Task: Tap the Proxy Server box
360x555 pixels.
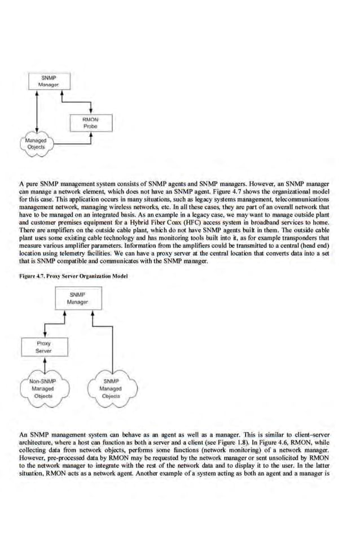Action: (x=43, y=347)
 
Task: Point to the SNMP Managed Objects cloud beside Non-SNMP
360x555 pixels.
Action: (x=110, y=389)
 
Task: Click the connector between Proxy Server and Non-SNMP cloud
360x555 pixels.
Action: (x=43, y=366)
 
